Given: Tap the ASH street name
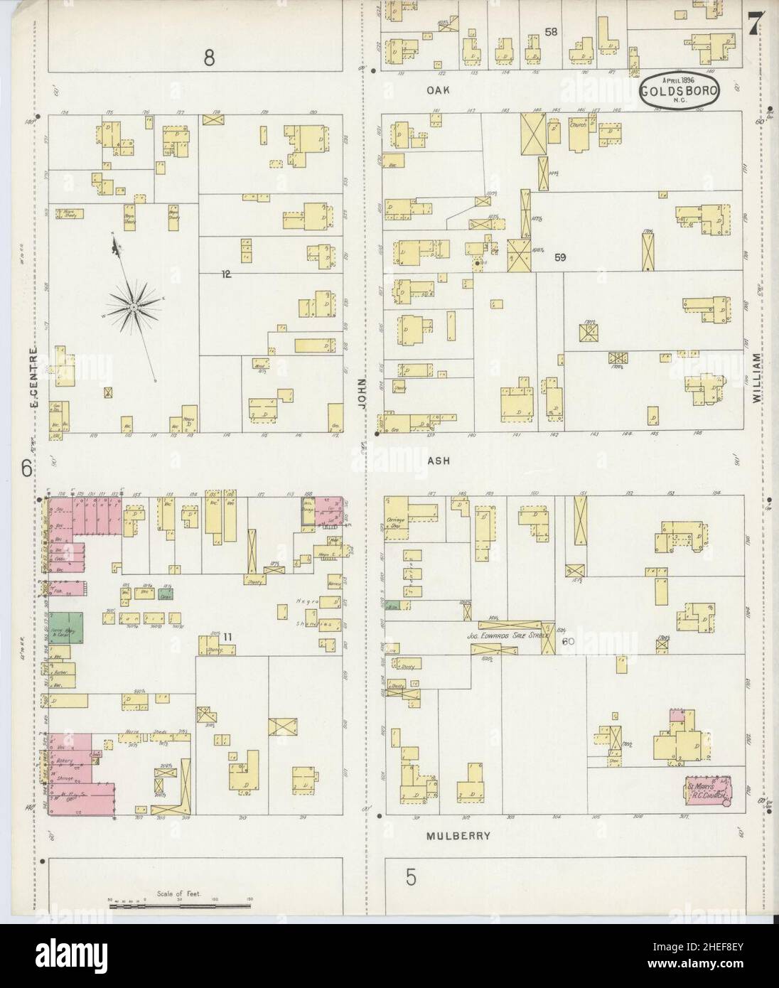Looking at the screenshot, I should point(437,460).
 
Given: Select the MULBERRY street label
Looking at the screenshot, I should point(459,836).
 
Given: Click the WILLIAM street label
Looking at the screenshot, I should point(756,380).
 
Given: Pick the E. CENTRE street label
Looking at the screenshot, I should point(33,377).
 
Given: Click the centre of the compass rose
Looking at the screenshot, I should point(133,306).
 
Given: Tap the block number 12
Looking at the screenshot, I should point(226,273).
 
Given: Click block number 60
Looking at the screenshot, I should point(567,641).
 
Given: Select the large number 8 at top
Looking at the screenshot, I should point(209,58).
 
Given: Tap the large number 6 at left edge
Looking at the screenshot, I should point(26,468).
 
